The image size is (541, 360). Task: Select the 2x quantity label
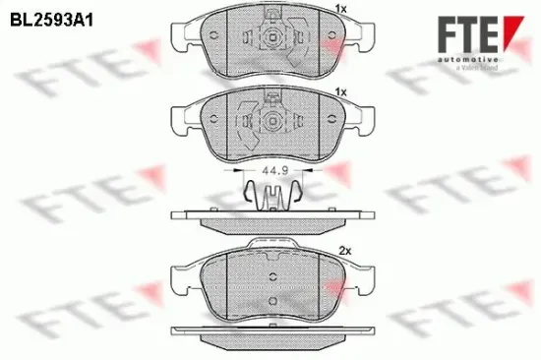tap(345, 250)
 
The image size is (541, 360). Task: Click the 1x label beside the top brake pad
tap(341, 9)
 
